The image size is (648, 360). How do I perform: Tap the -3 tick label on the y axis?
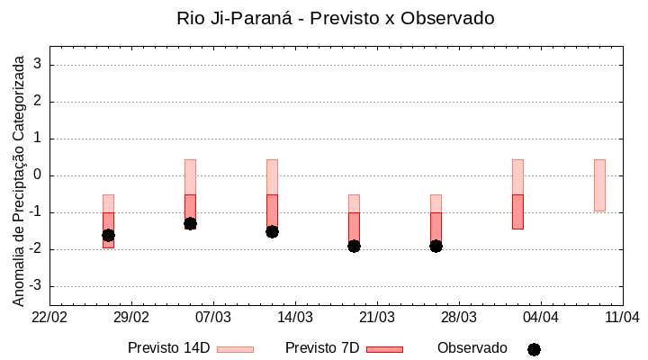pos(36,286)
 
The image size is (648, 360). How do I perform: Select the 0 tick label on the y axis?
pos(39,175)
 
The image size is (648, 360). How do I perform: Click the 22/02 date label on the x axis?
pos(49,317)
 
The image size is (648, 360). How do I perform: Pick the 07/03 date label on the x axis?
pos(213,317)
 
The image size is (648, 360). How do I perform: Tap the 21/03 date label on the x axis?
pos(377,317)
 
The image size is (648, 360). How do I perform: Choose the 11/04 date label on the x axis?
pos(622,317)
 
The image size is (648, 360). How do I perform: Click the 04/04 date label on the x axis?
pos(541,317)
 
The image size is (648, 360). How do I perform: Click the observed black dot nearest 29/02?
pos(108,235)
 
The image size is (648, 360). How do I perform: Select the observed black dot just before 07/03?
pos(190,223)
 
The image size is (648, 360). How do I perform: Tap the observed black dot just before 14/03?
pos(272,231)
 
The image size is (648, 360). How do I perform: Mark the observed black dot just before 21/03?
pos(354,246)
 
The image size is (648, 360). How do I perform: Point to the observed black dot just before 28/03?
pos(436,246)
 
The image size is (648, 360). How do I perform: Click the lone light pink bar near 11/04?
pos(599,184)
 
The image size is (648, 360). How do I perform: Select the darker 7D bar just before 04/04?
pos(517,211)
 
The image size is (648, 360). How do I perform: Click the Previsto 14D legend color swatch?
pos(235,349)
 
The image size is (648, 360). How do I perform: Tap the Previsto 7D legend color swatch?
pos(384,349)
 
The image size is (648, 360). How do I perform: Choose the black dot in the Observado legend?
pos(534,349)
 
